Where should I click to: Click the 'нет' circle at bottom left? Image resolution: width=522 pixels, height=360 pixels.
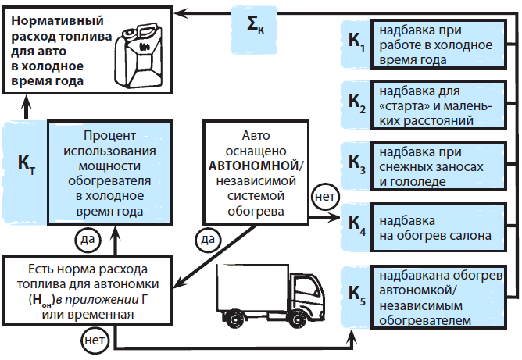(92, 340)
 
